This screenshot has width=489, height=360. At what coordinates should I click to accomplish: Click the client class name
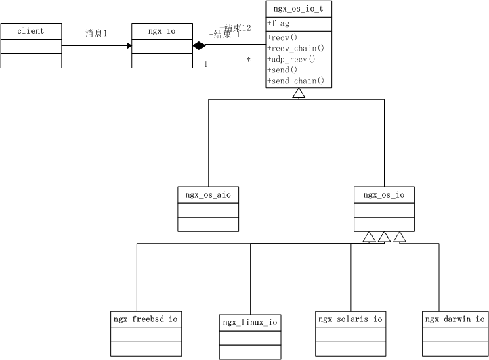click(30, 31)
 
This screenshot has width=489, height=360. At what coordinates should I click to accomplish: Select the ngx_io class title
click(162, 31)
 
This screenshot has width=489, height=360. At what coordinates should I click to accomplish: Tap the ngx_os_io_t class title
click(299, 9)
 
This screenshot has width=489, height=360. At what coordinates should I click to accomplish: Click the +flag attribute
click(278, 24)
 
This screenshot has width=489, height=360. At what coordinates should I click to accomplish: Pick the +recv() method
click(282, 37)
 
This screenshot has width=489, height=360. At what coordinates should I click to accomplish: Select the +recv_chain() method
click(296, 48)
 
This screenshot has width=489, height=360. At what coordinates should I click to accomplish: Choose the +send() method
click(282, 70)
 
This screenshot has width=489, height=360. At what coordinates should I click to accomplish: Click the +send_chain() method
click(296, 81)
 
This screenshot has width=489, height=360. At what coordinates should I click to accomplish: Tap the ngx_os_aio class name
click(208, 195)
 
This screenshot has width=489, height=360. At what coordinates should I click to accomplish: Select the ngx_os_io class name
click(384, 195)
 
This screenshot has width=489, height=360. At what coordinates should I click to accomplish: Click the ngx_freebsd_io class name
click(146, 319)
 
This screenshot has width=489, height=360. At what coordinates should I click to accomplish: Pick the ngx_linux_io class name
click(250, 323)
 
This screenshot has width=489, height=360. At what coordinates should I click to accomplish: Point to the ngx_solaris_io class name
click(350, 319)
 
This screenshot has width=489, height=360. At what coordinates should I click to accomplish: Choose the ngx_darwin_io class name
click(454, 319)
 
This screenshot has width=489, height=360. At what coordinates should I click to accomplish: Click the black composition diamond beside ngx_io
click(198, 46)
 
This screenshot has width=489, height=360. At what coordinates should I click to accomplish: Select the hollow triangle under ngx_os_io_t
click(299, 93)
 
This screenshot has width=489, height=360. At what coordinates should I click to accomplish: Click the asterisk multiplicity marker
click(249, 60)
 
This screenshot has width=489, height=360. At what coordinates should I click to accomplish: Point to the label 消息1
click(95, 33)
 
